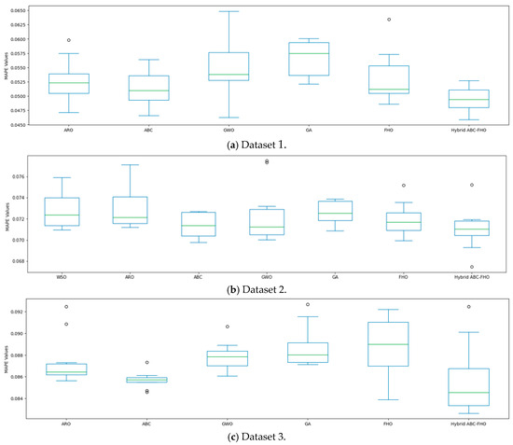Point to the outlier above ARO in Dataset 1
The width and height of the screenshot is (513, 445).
pos(69,40)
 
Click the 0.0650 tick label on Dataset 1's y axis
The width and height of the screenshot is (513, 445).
pos(28,11)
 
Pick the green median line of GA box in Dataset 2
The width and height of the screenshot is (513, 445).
pos(335,214)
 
